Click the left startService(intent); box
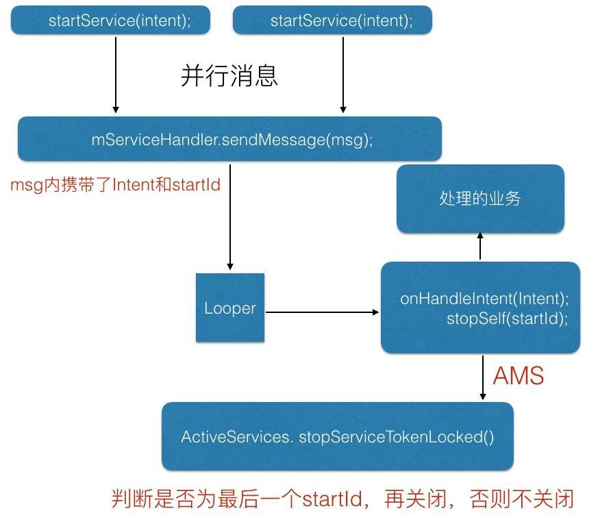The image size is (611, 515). (110, 21)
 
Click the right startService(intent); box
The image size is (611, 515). (332, 21)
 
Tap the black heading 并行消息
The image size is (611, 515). (229, 75)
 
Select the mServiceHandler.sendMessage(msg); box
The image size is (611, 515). (229, 139)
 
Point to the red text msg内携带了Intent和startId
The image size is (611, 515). (115, 184)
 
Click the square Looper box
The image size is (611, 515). (230, 307)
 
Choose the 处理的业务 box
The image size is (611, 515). (480, 198)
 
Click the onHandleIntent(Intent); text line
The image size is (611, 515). (484, 299)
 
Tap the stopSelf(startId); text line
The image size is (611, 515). (507, 318)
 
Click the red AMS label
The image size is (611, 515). (519, 376)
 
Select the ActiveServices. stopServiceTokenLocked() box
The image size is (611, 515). (337, 436)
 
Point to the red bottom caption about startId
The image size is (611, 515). (342, 498)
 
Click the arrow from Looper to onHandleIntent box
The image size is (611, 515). (322, 312)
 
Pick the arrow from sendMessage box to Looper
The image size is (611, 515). (230, 216)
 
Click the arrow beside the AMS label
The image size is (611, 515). (483, 377)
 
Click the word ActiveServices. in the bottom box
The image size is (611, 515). (236, 437)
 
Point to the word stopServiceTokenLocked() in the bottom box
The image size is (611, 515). (396, 437)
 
